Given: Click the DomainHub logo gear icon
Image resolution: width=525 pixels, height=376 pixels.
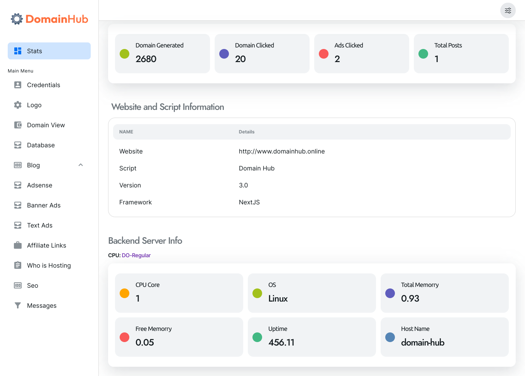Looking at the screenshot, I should tap(17, 19).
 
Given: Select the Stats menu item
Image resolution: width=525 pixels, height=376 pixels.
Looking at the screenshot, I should tap(49, 51).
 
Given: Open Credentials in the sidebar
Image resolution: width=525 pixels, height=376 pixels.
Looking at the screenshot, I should tap(43, 85).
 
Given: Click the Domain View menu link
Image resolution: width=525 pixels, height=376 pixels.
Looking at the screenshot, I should tap(46, 125).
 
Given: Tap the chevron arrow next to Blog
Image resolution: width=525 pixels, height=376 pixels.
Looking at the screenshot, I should tap(81, 165).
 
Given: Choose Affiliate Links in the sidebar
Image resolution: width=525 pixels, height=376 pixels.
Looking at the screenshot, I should tap(46, 245).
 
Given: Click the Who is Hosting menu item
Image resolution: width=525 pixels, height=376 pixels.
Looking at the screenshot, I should tap(49, 265).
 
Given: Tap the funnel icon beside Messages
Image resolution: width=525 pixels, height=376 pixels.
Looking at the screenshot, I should tap(18, 305).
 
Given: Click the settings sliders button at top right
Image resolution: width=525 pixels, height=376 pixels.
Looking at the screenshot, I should tap(508, 10).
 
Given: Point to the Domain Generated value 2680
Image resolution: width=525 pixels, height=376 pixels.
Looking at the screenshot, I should tap(146, 59).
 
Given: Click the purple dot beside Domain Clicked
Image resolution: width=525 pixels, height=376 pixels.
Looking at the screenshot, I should tap(224, 54).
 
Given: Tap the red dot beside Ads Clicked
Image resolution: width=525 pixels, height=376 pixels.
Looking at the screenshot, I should tap(323, 54).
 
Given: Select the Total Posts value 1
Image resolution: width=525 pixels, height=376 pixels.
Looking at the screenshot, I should tap(437, 59).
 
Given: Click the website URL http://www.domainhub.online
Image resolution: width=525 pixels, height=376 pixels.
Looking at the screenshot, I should tap(281, 151).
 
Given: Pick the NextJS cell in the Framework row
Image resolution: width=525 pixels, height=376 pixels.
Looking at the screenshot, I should tap(249, 202).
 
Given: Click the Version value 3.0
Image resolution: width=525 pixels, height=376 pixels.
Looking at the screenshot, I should tap(243, 185).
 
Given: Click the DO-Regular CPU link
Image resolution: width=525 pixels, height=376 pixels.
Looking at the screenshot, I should tap(136, 255).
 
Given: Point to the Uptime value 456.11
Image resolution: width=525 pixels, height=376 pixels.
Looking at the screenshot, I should tap(281, 342).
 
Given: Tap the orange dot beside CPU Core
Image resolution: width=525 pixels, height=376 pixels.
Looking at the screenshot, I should tap(124, 293).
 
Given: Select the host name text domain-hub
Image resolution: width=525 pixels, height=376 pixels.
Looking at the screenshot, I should tap(422, 342).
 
